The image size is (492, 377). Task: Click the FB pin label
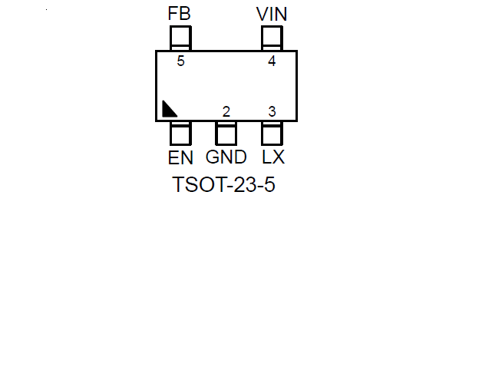[180, 14]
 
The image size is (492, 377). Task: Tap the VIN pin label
[272, 14]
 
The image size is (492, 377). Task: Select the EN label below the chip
[180, 157]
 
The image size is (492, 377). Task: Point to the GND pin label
[226, 157]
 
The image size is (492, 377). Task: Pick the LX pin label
[273, 157]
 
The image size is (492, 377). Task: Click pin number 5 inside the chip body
[180, 61]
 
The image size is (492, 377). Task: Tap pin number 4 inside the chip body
[272, 61]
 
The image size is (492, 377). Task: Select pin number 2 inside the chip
[226, 112]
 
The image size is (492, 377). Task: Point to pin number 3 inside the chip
[272, 112]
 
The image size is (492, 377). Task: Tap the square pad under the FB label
[180, 37]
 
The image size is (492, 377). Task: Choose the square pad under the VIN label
[272, 37]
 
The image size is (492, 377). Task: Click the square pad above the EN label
[180, 134]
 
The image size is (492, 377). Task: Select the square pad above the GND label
[226, 134]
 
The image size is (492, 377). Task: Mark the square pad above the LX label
[272, 134]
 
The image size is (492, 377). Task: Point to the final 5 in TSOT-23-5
[269, 186]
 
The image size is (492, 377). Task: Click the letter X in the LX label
[279, 157]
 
